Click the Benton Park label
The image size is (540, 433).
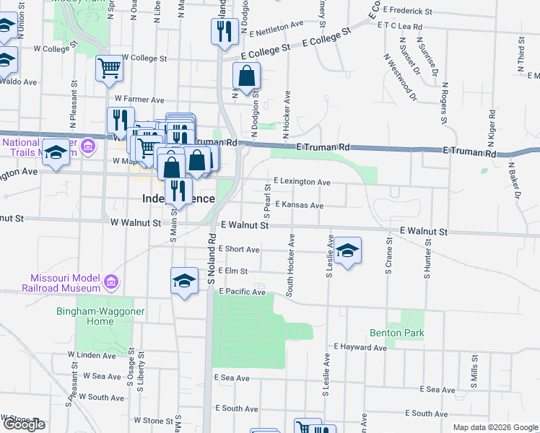(x=396, y=333)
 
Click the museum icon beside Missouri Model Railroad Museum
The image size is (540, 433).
(x=110, y=280)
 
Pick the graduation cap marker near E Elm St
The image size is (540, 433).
(x=184, y=281)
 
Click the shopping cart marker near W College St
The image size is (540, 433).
(x=110, y=69)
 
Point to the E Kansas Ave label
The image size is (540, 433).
(x=299, y=205)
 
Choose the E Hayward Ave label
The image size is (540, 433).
(x=360, y=347)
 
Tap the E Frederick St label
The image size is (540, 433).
(x=408, y=12)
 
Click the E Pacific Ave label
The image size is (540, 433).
(x=242, y=292)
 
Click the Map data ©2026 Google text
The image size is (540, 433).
(x=495, y=427)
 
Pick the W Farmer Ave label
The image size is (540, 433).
(x=139, y=100)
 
